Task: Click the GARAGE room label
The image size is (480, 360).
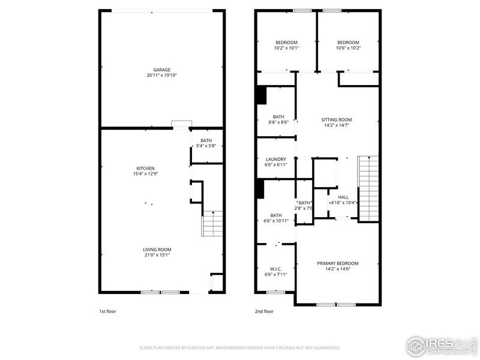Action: coord(161,70)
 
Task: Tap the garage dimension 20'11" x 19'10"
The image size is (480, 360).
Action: coord(161,76)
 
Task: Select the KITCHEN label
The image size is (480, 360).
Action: coord(146,168)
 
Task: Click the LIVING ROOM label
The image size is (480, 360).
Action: coord(157,250)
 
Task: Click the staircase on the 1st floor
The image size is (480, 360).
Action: coord(212,226)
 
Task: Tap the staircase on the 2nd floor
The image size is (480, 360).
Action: coord(368,188)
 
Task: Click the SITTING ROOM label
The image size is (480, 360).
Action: coord(336,119)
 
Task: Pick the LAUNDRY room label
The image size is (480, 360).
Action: coord(276,160)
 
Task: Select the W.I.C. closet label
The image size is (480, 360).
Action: coord(276,269)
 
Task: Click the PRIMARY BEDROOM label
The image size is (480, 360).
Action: coord(338,263)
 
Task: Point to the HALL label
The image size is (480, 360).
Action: coord(343,197)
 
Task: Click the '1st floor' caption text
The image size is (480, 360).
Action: coord(108,311)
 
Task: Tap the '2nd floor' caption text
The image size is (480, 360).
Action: coord(264,311)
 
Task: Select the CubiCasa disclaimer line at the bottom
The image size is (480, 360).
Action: coord(240,347)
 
